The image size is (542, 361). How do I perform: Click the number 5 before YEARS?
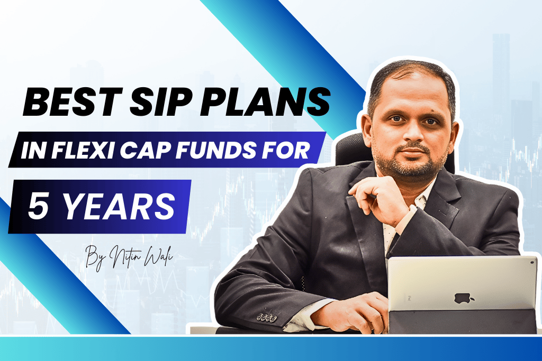coord(38,206)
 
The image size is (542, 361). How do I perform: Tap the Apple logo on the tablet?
coord(464,298)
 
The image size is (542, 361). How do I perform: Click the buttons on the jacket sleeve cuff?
coord(267,317)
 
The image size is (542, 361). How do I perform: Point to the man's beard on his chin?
coord(411,168)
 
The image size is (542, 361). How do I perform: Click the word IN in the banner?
coord(33,150)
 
